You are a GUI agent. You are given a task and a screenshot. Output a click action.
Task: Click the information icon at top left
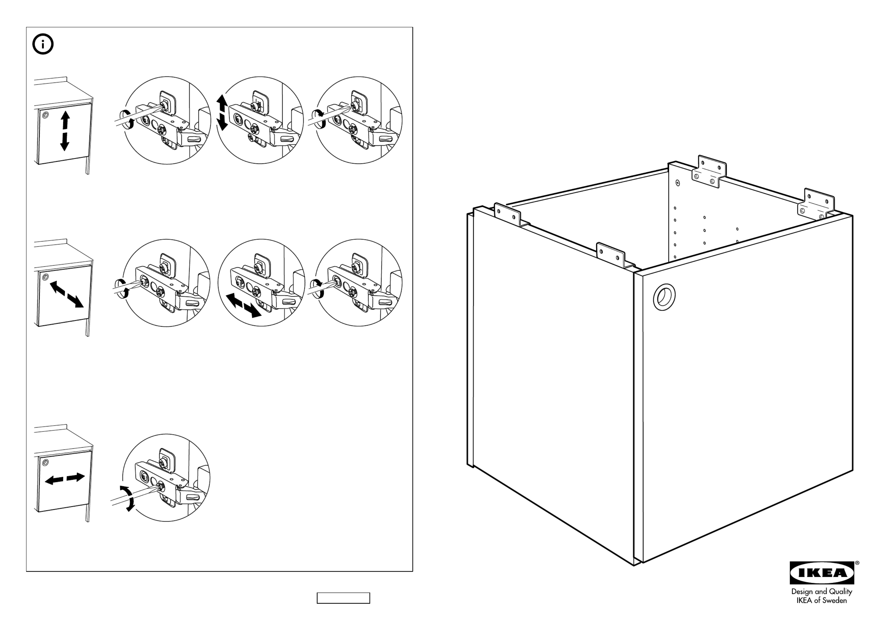tap(43, 44)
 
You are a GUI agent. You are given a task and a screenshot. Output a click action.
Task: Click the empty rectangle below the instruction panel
tap(343, 598)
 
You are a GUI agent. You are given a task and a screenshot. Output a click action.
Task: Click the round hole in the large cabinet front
tap(664, 297)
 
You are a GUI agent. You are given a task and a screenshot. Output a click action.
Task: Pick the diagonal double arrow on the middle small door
tap(66, 294)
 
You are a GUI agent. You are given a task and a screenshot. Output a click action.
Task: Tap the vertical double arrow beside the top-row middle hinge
tap(222, 113)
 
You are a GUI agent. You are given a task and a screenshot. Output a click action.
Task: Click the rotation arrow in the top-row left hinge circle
tap(127, 119)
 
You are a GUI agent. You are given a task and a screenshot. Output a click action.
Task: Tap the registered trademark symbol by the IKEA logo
tap(857, 563)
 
